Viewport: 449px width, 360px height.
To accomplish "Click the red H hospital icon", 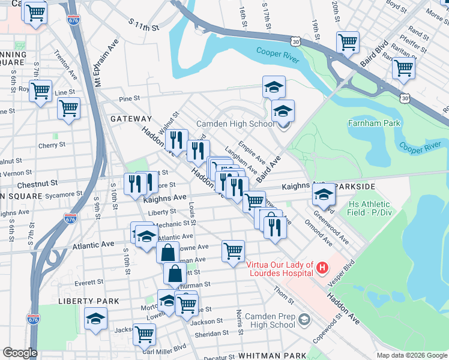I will click(x=323, y=267).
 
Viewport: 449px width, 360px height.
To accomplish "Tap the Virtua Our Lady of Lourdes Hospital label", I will click(x=280, y=269).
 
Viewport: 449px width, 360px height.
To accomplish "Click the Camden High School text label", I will click(x=236, y=124).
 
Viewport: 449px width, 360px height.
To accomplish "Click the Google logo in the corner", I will click(x=20, y=353).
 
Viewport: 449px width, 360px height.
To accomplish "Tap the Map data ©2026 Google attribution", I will click(x=411, y=355).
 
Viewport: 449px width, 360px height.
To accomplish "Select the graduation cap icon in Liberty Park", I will click(x=95, y=319).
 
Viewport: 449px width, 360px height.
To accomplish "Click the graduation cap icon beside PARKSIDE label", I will click(x=323, y=193).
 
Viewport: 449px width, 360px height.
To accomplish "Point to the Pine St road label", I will click(x=129, y=98).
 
